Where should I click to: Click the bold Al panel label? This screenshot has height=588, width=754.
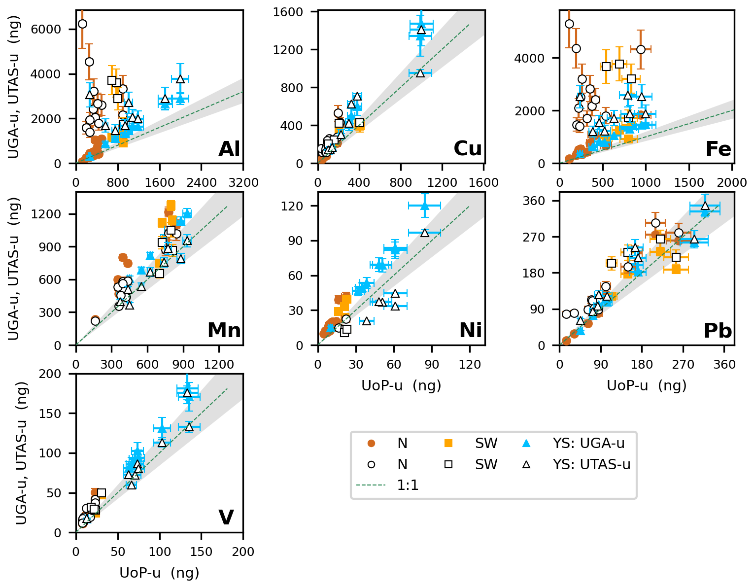point(229,149)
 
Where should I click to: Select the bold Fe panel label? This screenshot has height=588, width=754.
point(718,149)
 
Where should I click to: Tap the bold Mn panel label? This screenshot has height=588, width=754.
point(224,331)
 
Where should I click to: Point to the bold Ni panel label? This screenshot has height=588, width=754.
point(470,331)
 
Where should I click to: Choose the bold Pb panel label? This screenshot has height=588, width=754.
point(718,331)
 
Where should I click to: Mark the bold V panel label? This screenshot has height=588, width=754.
point(226,517)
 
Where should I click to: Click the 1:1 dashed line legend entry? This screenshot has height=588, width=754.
point(408,485)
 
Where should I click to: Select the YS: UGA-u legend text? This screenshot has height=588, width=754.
point(588,443)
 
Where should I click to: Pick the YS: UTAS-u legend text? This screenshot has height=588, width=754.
point(591,464)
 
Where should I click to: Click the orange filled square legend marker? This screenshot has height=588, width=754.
point(448,443)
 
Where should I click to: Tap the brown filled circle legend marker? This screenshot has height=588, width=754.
point(372,443)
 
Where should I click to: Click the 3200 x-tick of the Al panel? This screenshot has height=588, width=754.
point(243,183)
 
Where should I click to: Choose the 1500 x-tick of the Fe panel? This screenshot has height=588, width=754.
point(689,183)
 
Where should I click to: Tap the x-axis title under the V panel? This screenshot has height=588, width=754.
point(159,573)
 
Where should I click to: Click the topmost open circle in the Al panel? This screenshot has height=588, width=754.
point(82,24)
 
